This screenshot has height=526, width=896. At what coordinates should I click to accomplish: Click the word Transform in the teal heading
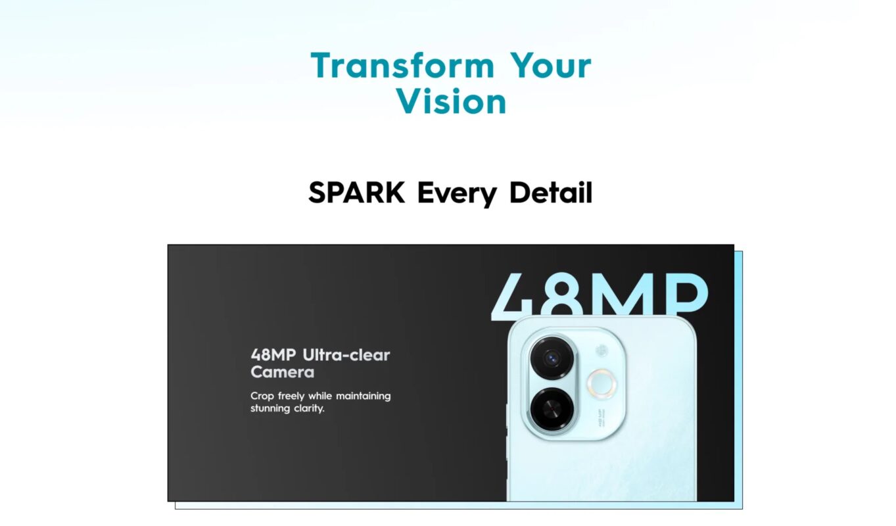402,65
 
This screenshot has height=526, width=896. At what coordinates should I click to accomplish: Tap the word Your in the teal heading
550,65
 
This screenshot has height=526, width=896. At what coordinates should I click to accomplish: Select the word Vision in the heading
451,102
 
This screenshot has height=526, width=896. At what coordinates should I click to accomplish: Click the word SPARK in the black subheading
356,193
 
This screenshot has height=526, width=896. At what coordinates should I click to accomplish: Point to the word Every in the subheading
457,194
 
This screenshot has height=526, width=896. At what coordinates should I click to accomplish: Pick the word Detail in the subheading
551,193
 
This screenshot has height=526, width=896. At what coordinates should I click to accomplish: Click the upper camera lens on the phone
552,358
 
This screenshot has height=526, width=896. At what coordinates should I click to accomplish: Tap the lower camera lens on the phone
552,409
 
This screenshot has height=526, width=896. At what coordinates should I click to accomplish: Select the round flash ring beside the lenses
601,384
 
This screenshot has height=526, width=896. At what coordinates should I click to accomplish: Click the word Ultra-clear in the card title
346,355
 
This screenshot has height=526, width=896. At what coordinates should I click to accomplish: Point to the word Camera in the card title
283,372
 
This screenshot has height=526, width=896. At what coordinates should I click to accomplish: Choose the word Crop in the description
262,396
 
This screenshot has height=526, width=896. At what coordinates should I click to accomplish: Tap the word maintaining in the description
364,396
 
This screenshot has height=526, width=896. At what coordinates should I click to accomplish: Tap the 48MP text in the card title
273,355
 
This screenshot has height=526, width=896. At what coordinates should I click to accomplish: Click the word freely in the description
291,396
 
